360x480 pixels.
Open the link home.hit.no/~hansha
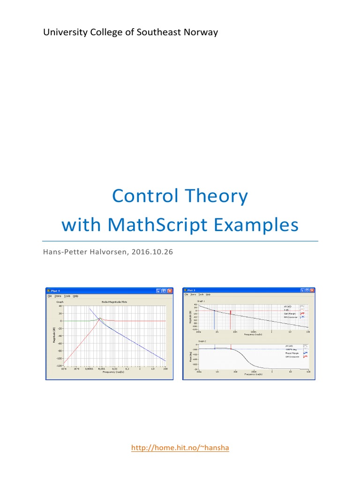click(x=180, y=448)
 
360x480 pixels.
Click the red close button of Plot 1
click(x=170, y=291)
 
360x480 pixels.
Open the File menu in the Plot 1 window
click(x=49, y=296)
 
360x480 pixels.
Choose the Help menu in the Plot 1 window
click(x=75, y=296)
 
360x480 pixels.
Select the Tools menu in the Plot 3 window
click(x=201, y=294)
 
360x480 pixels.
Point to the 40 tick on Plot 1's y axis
click(x=60, y=306)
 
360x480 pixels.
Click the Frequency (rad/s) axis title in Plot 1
click(x=113, y=372)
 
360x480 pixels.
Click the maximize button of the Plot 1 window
click(x=164, y=291)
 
